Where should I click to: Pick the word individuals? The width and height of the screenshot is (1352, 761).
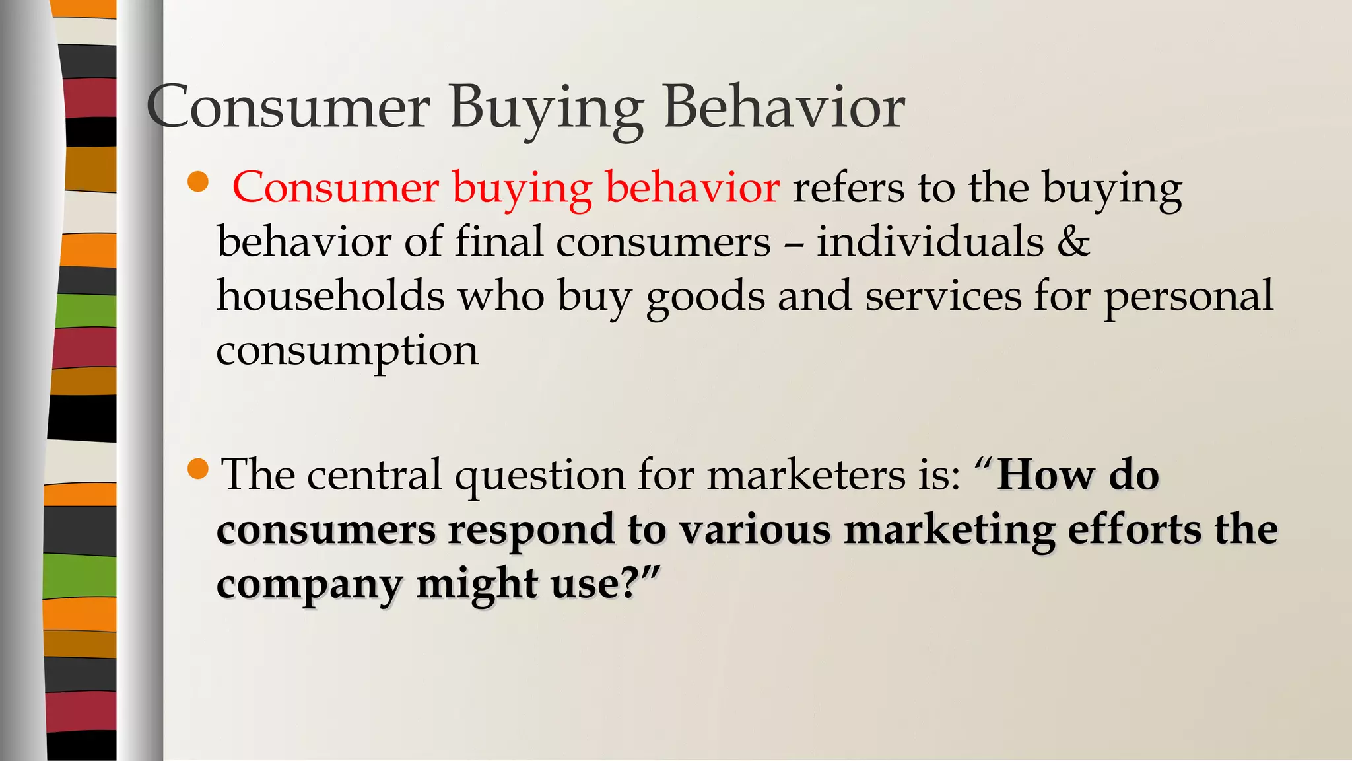coord(930,241)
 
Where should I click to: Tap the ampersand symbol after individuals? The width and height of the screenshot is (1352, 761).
coord(1073,241)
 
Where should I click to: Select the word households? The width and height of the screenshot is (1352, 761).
coord(330,295)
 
